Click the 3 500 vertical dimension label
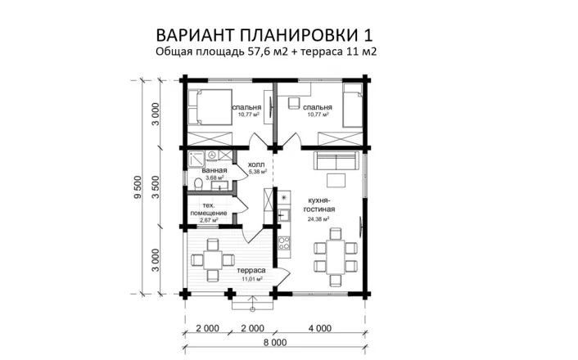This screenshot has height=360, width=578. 156,188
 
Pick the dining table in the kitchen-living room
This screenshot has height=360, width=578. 334,254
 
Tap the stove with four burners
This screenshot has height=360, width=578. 284,243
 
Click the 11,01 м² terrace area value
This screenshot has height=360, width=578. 251,279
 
